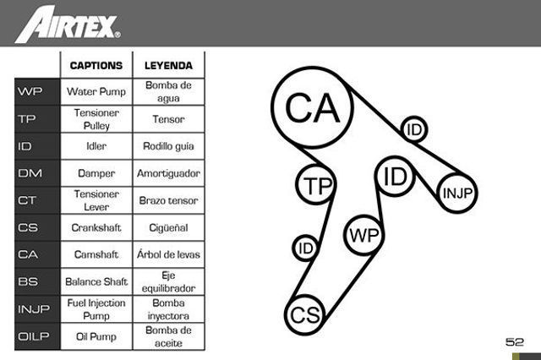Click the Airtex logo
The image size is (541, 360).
pos(68,25)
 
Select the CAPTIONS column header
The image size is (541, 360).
pos(96,66)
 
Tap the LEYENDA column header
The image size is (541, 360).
pos(168,66)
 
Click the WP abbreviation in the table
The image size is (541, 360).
pos(30,91)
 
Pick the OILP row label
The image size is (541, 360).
pos(34,336)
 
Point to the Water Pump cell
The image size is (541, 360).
pos(96,92)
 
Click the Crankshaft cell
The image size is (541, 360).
pos(96,227)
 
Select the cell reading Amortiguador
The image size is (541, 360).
pos(168,173)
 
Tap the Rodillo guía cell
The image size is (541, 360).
pos(168,146)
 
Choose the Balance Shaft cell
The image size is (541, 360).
pos(96,281)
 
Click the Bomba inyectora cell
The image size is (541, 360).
pos(168,309)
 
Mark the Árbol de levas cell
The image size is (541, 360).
pos(168,254)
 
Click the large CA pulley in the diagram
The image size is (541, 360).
pos(313,107)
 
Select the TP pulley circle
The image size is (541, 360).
pos(315,185)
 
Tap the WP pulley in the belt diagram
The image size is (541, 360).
pos(363,235)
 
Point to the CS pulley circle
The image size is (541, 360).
pos(305,314)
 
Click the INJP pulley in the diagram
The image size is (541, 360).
pos(457,193)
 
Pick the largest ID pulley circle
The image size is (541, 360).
pos(395,177)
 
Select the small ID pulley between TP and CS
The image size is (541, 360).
pos(306,248)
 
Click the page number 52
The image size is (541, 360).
pos(515,341)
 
